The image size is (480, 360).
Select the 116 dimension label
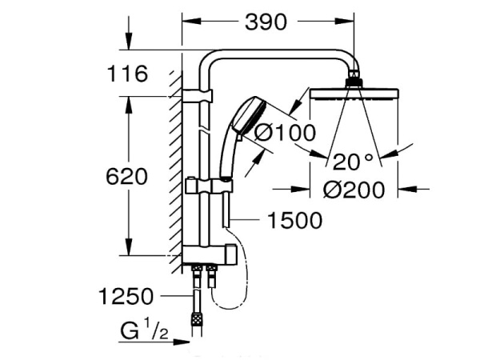point(129,74)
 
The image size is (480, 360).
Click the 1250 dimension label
point(126,297)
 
